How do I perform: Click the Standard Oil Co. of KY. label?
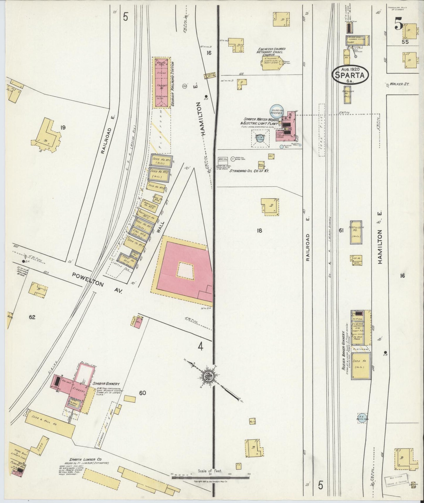tap(249, 171)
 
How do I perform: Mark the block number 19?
tap(62, 127)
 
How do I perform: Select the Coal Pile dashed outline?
tap(322, 130)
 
